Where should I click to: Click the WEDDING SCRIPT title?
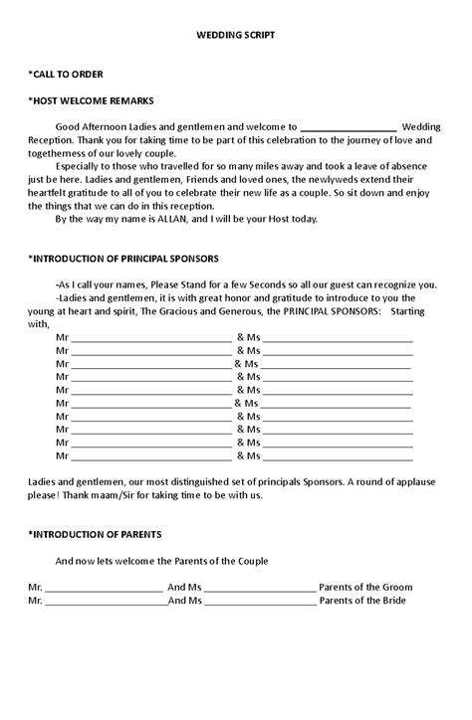(236, 35)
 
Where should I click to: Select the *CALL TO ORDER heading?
(67, 75)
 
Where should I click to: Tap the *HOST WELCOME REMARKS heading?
(91, 100)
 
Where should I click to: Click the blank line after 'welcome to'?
(349, 127)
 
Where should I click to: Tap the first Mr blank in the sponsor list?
(150, 338)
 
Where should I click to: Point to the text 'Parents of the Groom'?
(366, 587)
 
